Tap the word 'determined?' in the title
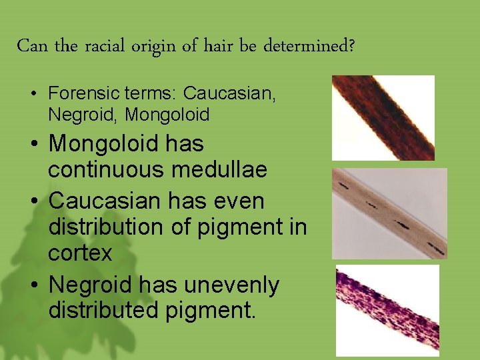click(x=309, y=47)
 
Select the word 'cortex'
click(x=80, y=253)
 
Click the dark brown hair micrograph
click(x=383, y=117)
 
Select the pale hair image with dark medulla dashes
click(x=389, y=213)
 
